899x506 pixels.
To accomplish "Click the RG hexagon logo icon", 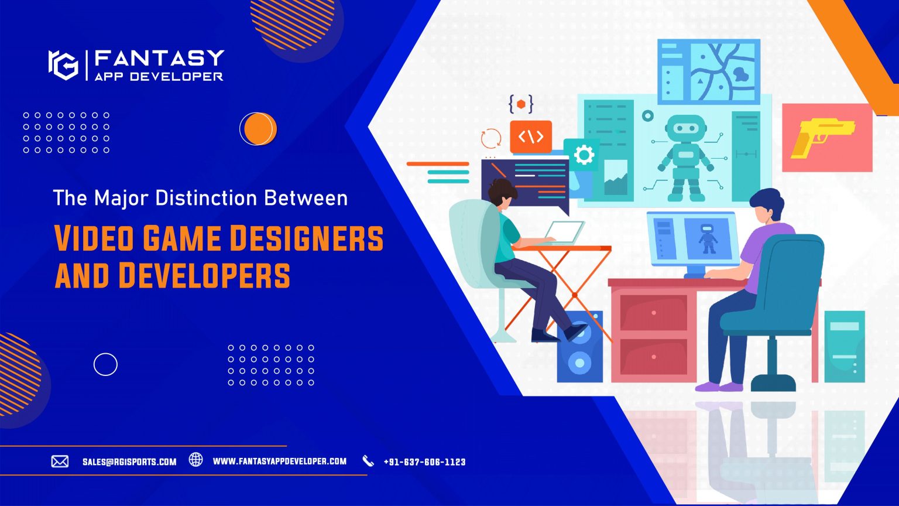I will click(x=63, y=64).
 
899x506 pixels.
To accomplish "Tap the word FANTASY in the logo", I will click(x=159, y=58).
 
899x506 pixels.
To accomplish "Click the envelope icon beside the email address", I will click(x=60, y=461).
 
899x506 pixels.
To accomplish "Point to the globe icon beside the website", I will click(x=195, y=460).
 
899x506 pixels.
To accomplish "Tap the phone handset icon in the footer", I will click(x=368, y=461).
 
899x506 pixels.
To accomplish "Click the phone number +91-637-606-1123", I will click(x=424, y=462).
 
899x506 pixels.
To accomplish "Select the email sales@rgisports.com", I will click(x=129, y=462).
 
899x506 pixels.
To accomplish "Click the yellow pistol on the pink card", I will click(x=821, y=136).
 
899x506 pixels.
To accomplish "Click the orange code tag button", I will click(x=530, y=137).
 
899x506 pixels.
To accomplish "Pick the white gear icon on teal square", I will click(x=582, y=155).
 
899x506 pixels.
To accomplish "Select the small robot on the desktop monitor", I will click(x=708, y=238).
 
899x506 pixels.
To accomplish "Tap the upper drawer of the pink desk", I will click(x=653, y=312).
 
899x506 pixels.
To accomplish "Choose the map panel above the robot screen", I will click(x=708, y=71).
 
